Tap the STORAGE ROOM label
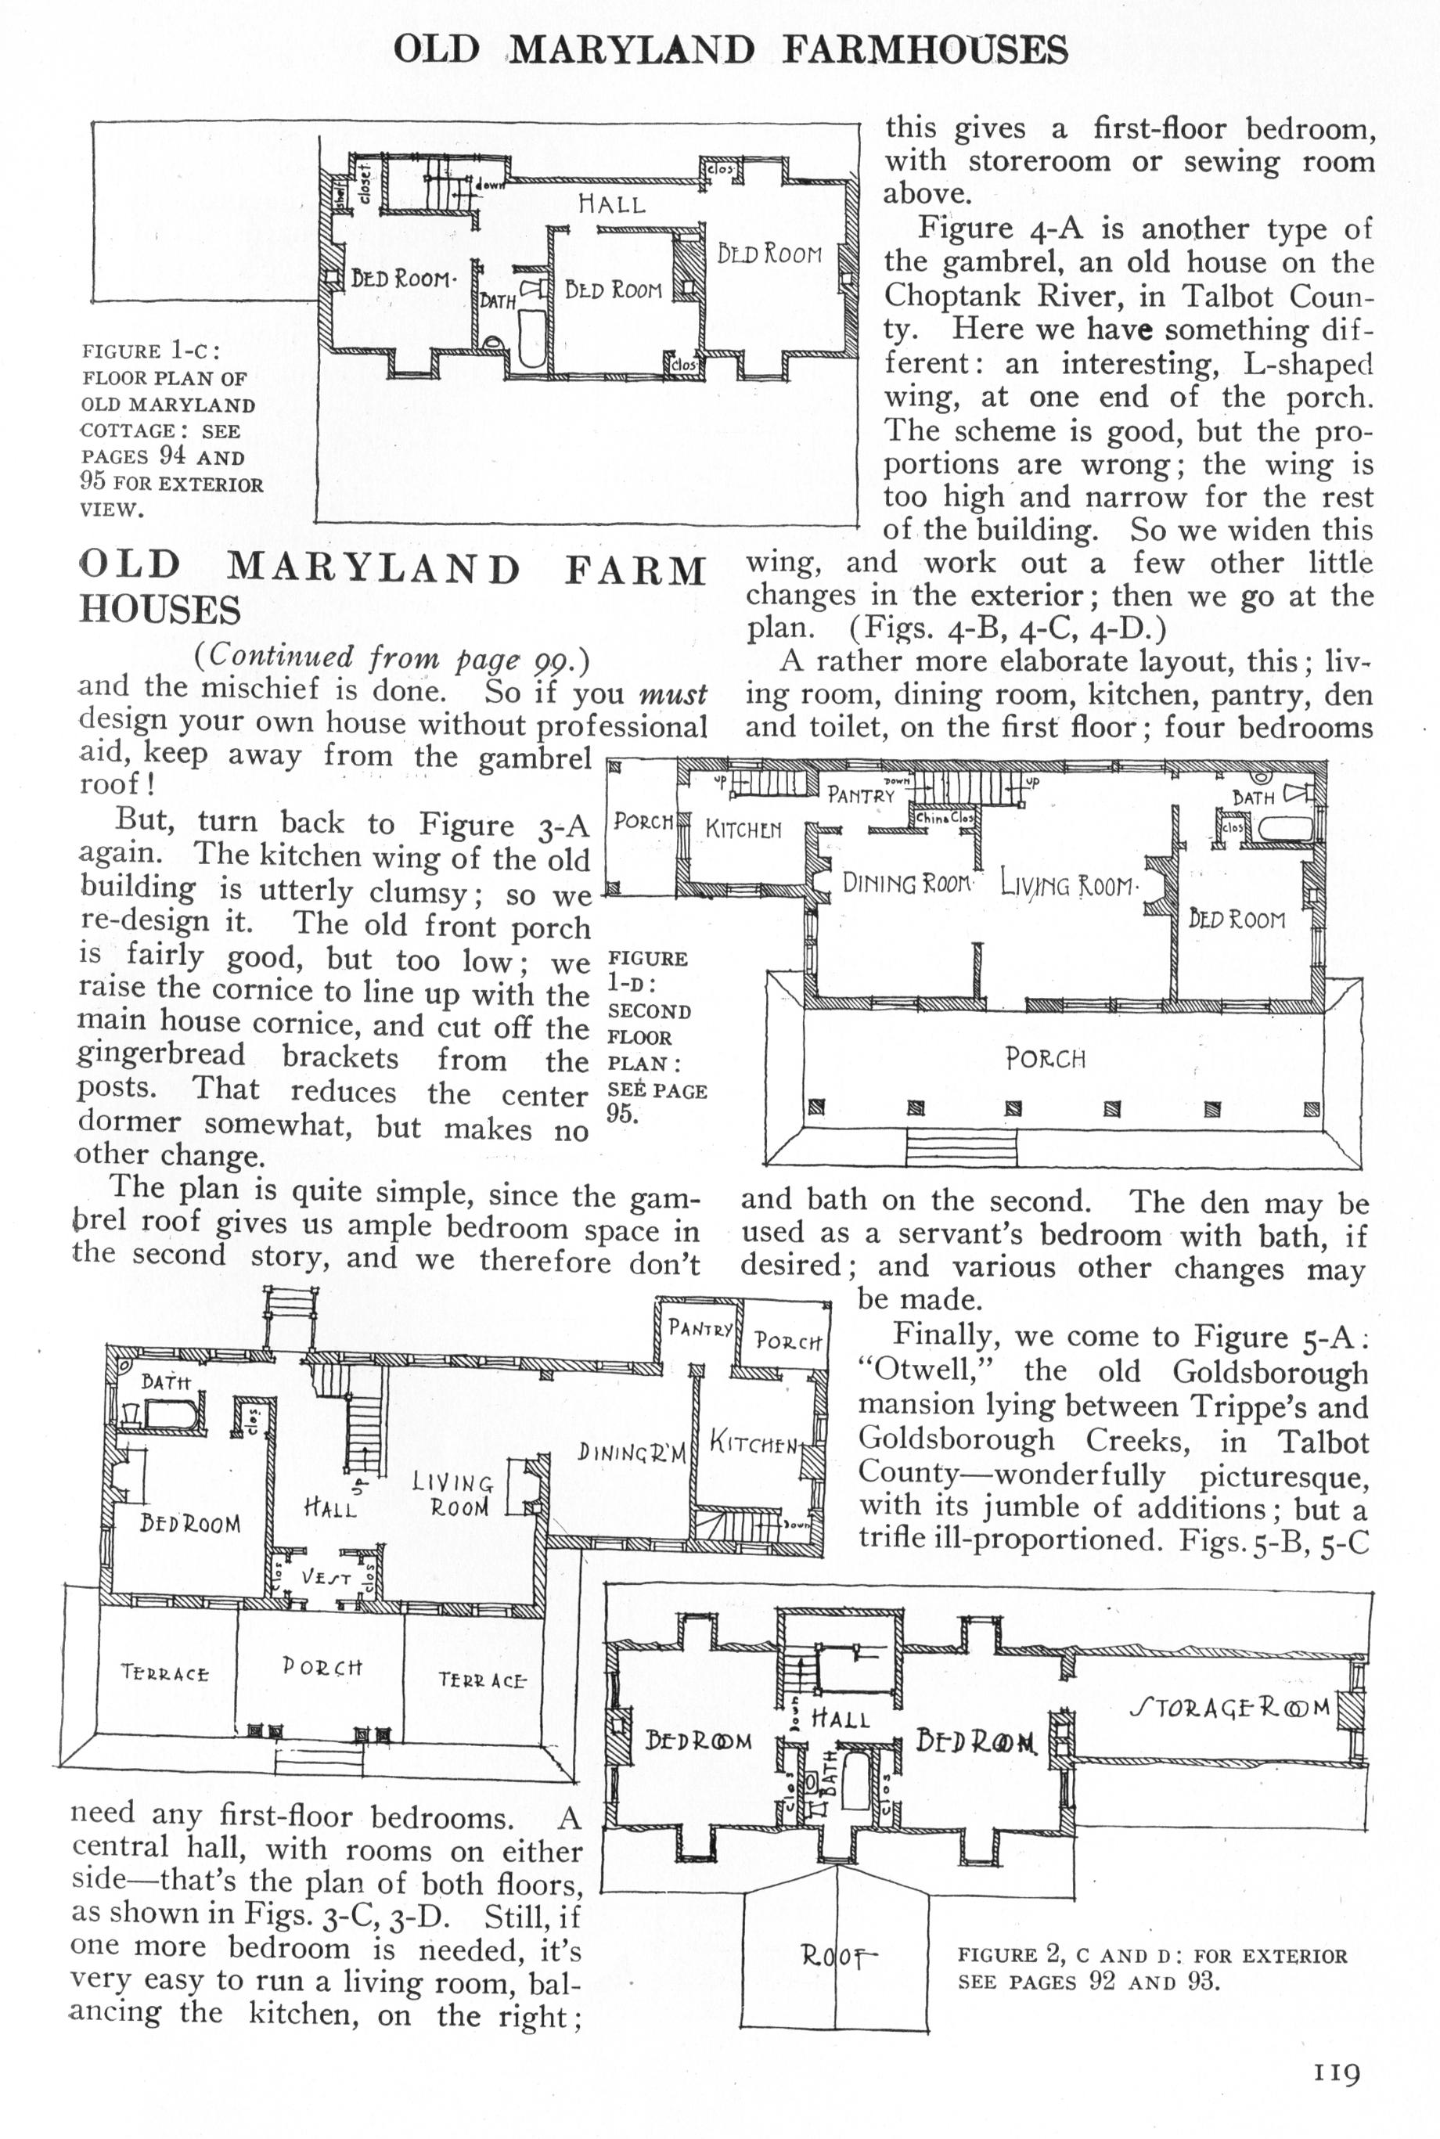coord(1229,1709)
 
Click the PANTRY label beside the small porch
coord(700,1328)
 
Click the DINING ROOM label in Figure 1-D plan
coord(906,884)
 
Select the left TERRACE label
coord(165,1673)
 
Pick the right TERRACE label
coord(482,1680)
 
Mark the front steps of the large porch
coord(962,1147)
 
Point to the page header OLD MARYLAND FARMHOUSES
coord(731,49)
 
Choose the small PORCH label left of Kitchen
coord(643,820)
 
